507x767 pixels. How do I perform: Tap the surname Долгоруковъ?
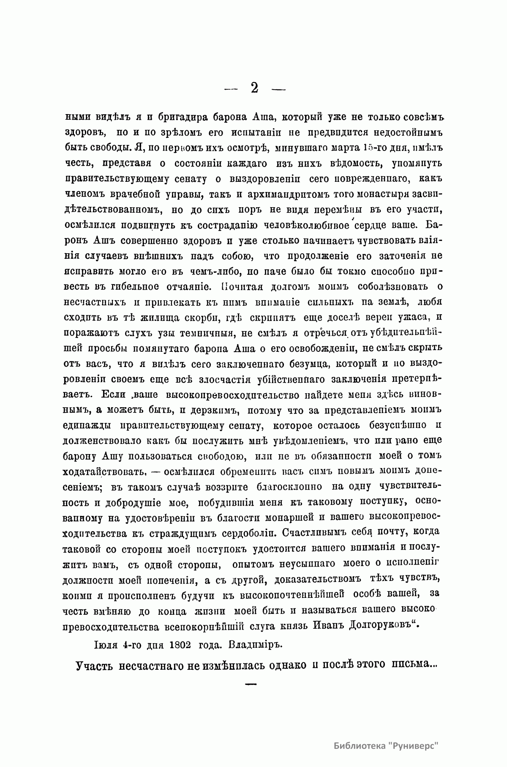point(378,625)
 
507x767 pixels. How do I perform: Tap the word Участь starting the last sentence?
point(95,665)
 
